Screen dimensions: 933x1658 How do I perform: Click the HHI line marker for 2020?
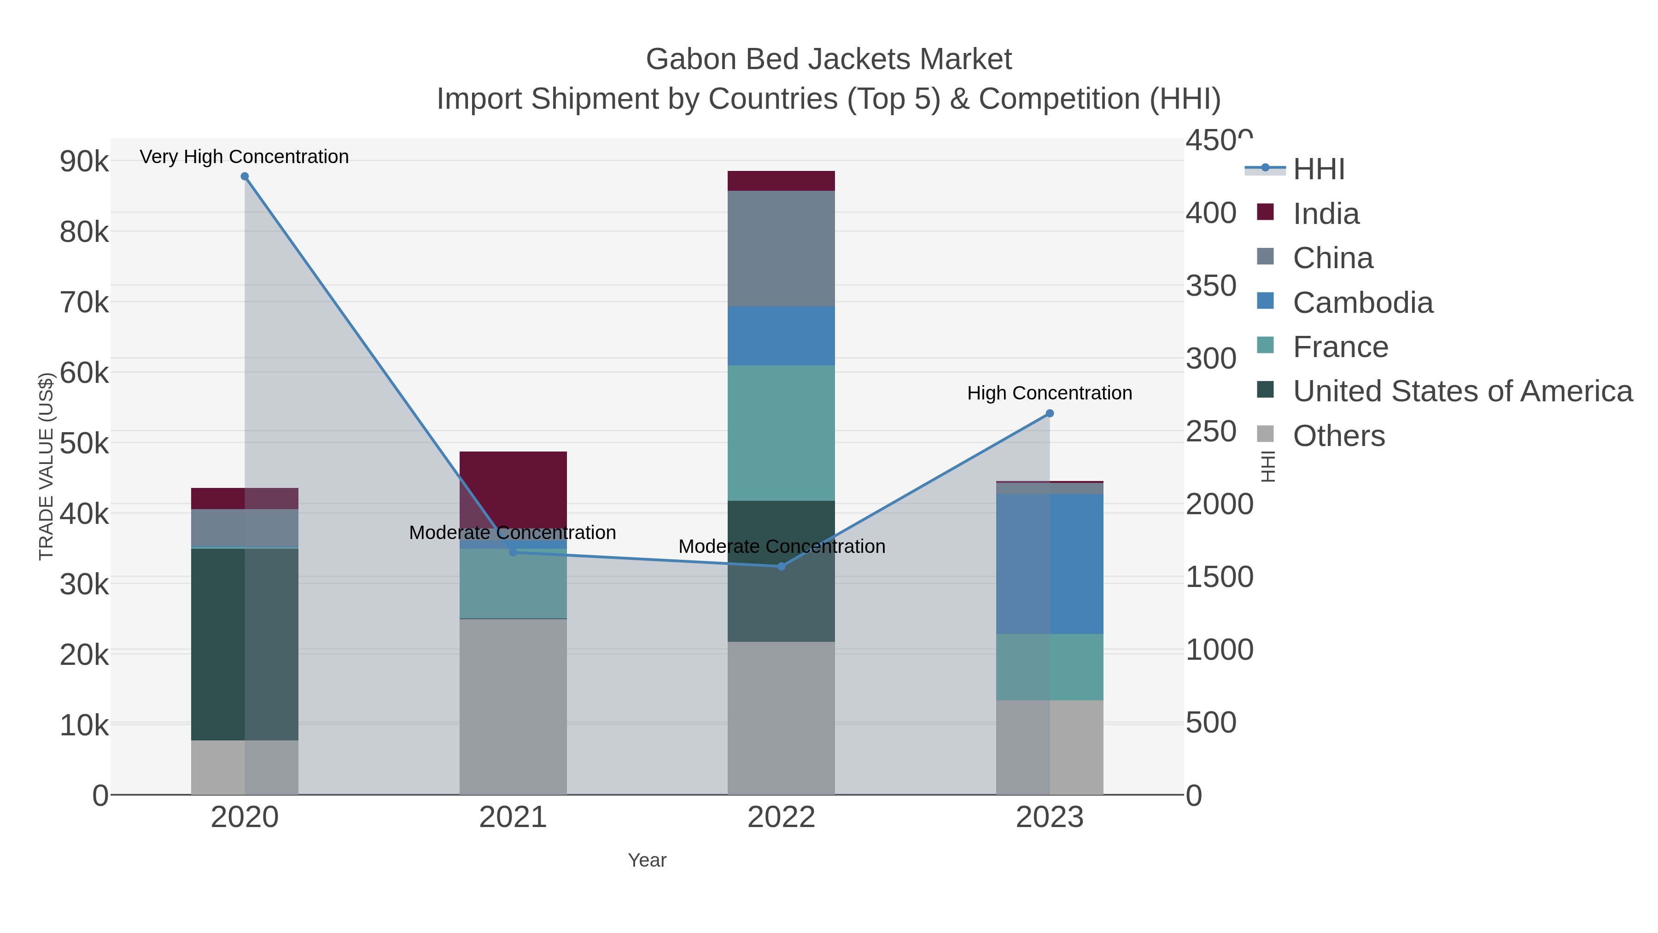(x=245, y=176)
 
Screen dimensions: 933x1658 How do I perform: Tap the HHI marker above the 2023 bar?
(x=1050, y=413)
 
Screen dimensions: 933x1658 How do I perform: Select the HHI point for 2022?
(x=782, y=567)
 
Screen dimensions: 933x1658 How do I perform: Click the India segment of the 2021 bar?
(x=513, y=489)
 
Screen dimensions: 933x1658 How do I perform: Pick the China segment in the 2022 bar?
(x=782, y=248)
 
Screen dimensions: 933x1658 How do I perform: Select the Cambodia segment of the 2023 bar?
(x=1050, y=564)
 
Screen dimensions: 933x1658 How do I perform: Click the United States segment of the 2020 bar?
(x=245, y=644)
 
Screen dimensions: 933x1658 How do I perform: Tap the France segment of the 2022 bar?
(x=782, y=433)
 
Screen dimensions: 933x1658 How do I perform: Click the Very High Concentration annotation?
(x=245, y=157)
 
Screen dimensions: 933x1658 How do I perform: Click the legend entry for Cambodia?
(x=1363, y=303)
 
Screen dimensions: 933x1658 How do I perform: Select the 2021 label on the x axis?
(x=513, y=817)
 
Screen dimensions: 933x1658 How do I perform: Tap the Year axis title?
(x=647, y=860)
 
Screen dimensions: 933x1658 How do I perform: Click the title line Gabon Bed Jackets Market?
(x=829, y=59)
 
